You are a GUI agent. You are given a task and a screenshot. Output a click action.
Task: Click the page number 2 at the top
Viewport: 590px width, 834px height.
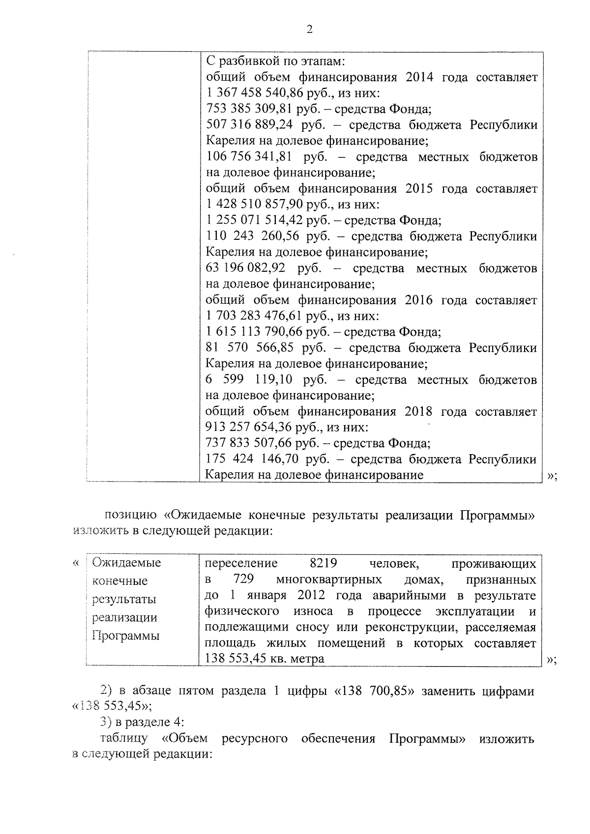(309, 29)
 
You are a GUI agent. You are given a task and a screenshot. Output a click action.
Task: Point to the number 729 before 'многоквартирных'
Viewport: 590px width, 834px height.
(244, 579)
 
